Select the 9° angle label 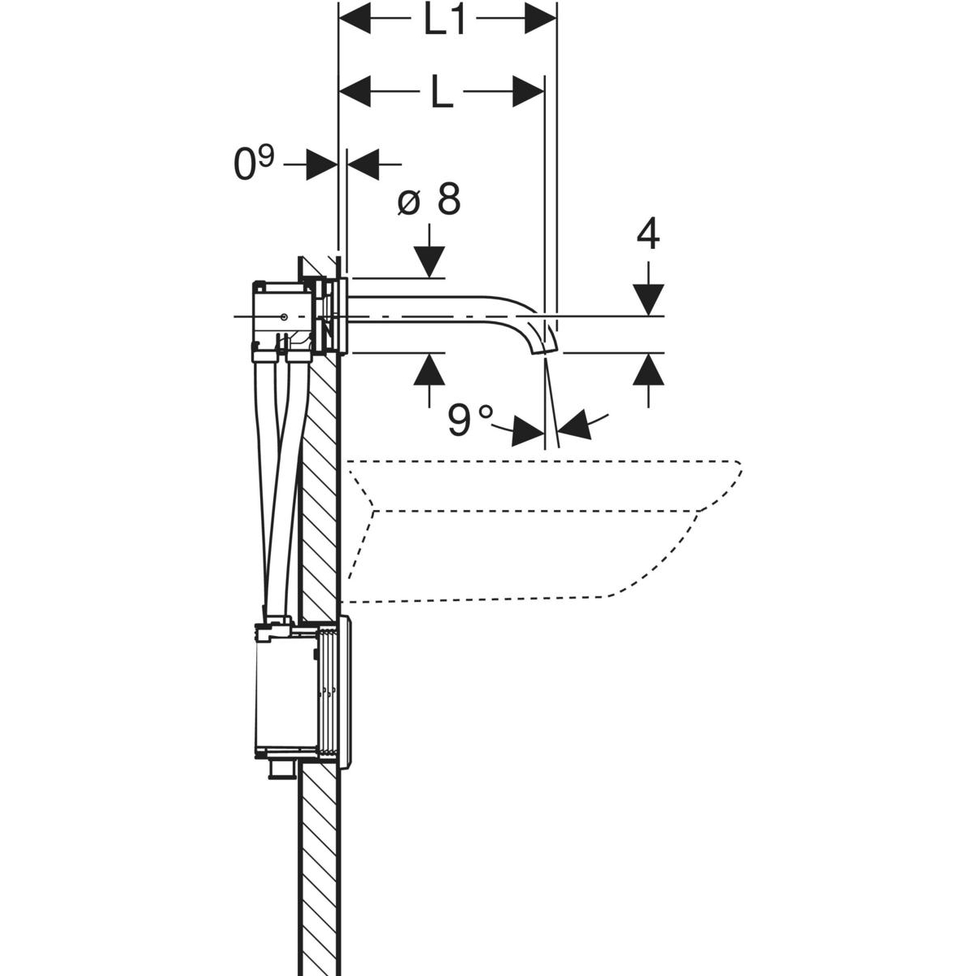pyautogui.click(x=470, y=420)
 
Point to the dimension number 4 pyautogui.click(x=648, y=235)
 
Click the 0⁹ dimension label pyautogui.click(x=254, y=166)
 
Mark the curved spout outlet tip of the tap pyautogui.click(x=540, y=347)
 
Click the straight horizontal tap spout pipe pyautogui.click(x=431, y=316)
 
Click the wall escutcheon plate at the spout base pyautogui.click(x=345, y=316)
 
